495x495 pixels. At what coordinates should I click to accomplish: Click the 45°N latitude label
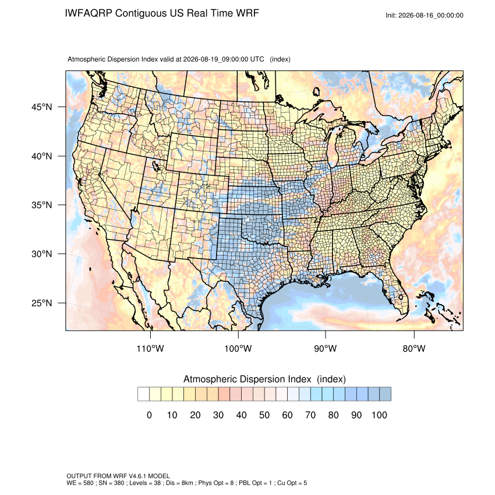tap(42, 107)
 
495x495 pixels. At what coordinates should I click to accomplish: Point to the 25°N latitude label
tap(42, 303)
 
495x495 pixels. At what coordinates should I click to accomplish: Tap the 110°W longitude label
tap(150, 348)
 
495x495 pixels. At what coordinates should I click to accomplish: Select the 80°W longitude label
tap(414, 348)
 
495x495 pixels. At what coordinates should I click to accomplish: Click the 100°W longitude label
tap(238, 348)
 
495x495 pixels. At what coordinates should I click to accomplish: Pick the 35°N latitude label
tap(42, 205)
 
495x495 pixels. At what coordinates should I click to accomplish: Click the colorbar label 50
tap(264, 415)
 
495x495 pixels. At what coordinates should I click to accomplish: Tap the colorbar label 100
tap(379, 415)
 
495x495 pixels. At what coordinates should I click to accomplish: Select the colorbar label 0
tap(149, 415)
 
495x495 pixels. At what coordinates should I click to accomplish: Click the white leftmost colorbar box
tap(143, 394)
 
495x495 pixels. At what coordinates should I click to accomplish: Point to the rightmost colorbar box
tap(385, 394)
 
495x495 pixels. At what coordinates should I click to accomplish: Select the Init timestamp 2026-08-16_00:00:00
tap(430, 16)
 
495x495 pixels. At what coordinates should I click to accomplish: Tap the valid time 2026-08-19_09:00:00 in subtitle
tap(215, 59)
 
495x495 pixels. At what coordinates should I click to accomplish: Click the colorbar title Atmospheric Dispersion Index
tap(247, 379)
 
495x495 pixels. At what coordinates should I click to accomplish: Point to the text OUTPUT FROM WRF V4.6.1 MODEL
tap(118, 476)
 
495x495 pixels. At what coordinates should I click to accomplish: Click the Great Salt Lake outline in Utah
tap(156, 165)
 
